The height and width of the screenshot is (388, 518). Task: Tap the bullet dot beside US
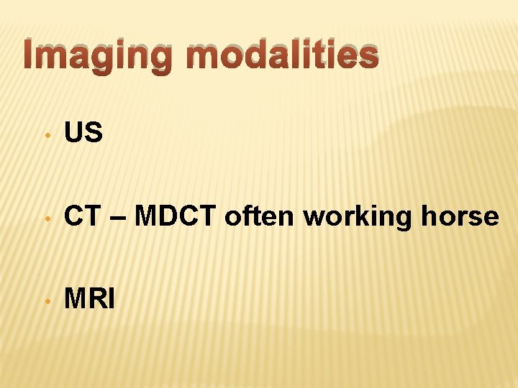45,134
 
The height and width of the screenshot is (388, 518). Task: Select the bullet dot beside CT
45,216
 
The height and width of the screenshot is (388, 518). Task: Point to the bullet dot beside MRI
45,299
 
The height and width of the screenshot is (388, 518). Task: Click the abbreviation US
84,133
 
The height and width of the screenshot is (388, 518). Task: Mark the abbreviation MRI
90,298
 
